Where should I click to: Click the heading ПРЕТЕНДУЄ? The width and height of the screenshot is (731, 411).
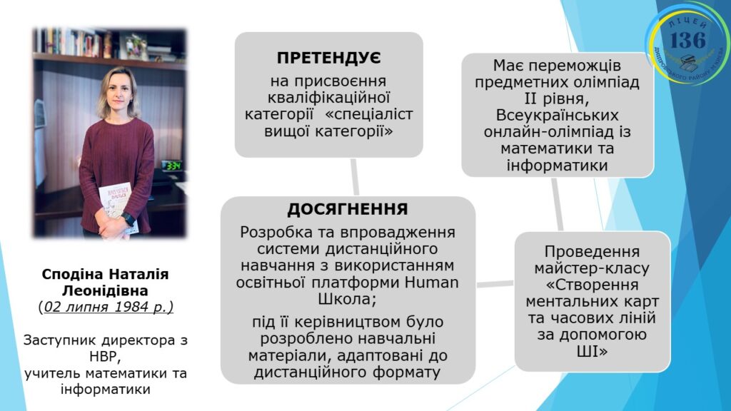tap(328, 58)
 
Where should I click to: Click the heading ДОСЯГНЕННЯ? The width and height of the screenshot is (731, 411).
tap(348, 209)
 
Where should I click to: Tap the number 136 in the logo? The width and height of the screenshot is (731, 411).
tap(687, 40)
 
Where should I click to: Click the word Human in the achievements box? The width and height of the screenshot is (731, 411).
tap(432, 283)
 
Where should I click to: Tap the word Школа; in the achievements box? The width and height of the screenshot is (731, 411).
tap(348, 299)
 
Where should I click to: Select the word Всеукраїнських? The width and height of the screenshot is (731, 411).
tap(557, 115)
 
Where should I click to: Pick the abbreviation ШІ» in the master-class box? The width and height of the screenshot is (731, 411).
tap(592, 351)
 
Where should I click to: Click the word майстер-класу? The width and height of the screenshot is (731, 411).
tap(592, 268)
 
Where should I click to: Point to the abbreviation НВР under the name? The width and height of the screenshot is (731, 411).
tap(104, 357)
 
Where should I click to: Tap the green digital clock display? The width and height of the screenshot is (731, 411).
tap(172, 166)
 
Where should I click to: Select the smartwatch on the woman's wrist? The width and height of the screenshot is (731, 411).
tap(128, 220)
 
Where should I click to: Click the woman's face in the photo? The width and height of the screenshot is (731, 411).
tap(119, 90)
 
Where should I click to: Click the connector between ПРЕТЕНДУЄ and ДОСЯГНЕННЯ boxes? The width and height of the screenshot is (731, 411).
tap(355, 177)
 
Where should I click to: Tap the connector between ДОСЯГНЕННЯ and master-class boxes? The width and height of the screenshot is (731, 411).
tap(495, 283)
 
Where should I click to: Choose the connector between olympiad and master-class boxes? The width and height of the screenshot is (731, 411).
tap(557, 204)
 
